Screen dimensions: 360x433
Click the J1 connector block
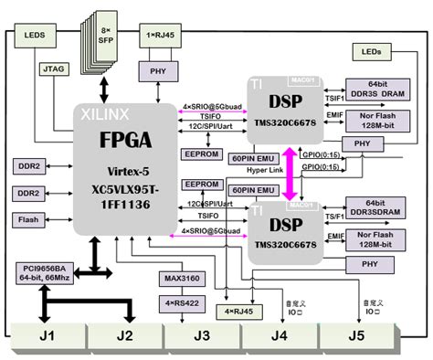[46, 335]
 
